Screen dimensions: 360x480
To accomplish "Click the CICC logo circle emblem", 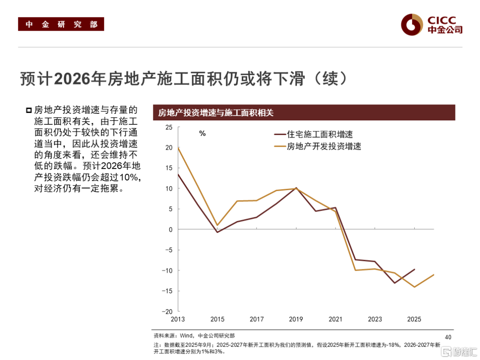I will coord(412,24).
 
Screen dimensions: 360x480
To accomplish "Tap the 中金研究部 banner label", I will coord(61,24).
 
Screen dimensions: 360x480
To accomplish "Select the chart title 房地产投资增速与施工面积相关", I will coord(216,112).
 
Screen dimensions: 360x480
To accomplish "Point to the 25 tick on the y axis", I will coord(168,128).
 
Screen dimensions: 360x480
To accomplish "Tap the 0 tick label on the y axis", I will coord(170,230).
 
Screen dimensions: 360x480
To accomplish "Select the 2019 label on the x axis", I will coord(296,319).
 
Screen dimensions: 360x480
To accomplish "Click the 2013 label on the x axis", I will coord(178,319).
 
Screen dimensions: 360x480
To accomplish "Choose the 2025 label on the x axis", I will coord(414,319).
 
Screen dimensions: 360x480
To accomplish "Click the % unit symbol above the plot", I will coord(202,133).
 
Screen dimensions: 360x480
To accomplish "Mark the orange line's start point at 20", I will coord(178,148).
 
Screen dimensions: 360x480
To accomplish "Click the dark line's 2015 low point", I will coord(217,232).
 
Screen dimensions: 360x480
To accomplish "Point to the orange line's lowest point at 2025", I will coord(414,287).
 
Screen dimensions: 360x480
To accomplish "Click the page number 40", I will coord(448,336).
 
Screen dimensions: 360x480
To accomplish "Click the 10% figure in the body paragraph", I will coord(130,177).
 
